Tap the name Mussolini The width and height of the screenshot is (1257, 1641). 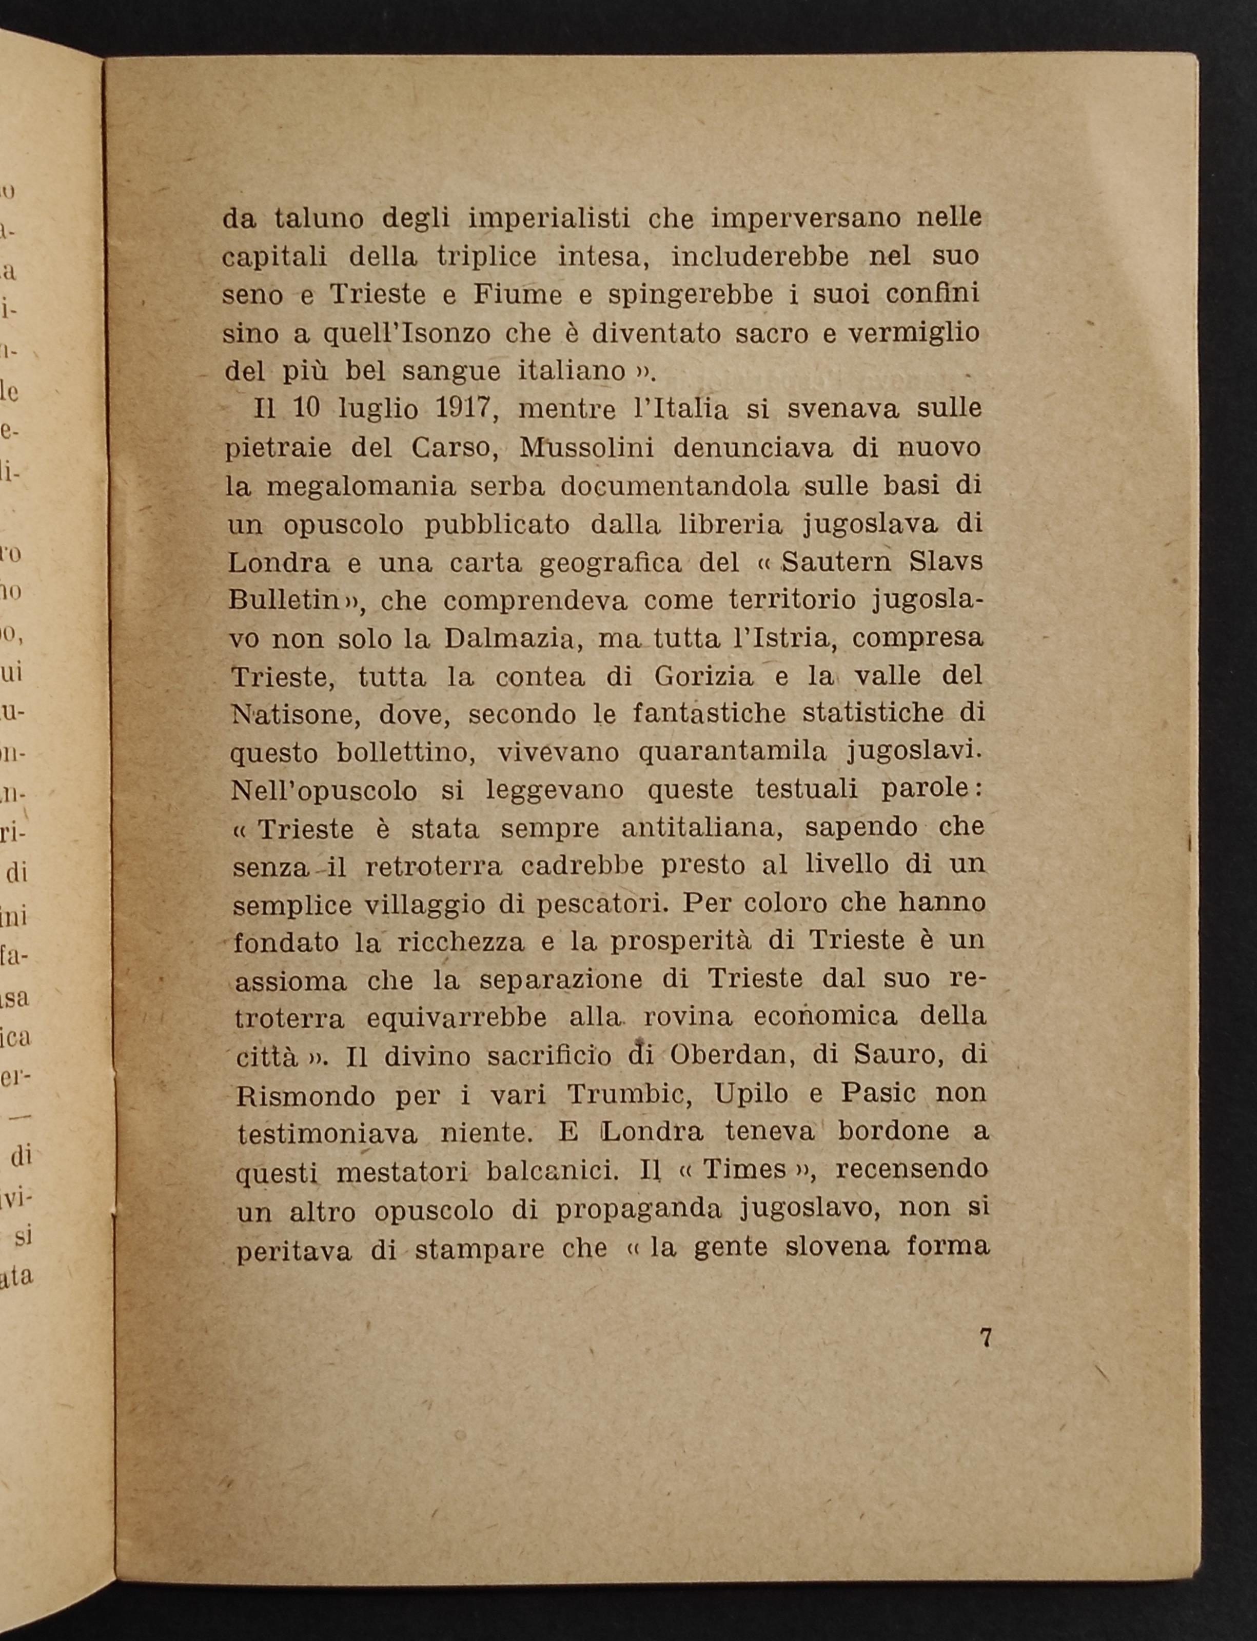587,448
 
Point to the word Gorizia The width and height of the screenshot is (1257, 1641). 703,677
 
